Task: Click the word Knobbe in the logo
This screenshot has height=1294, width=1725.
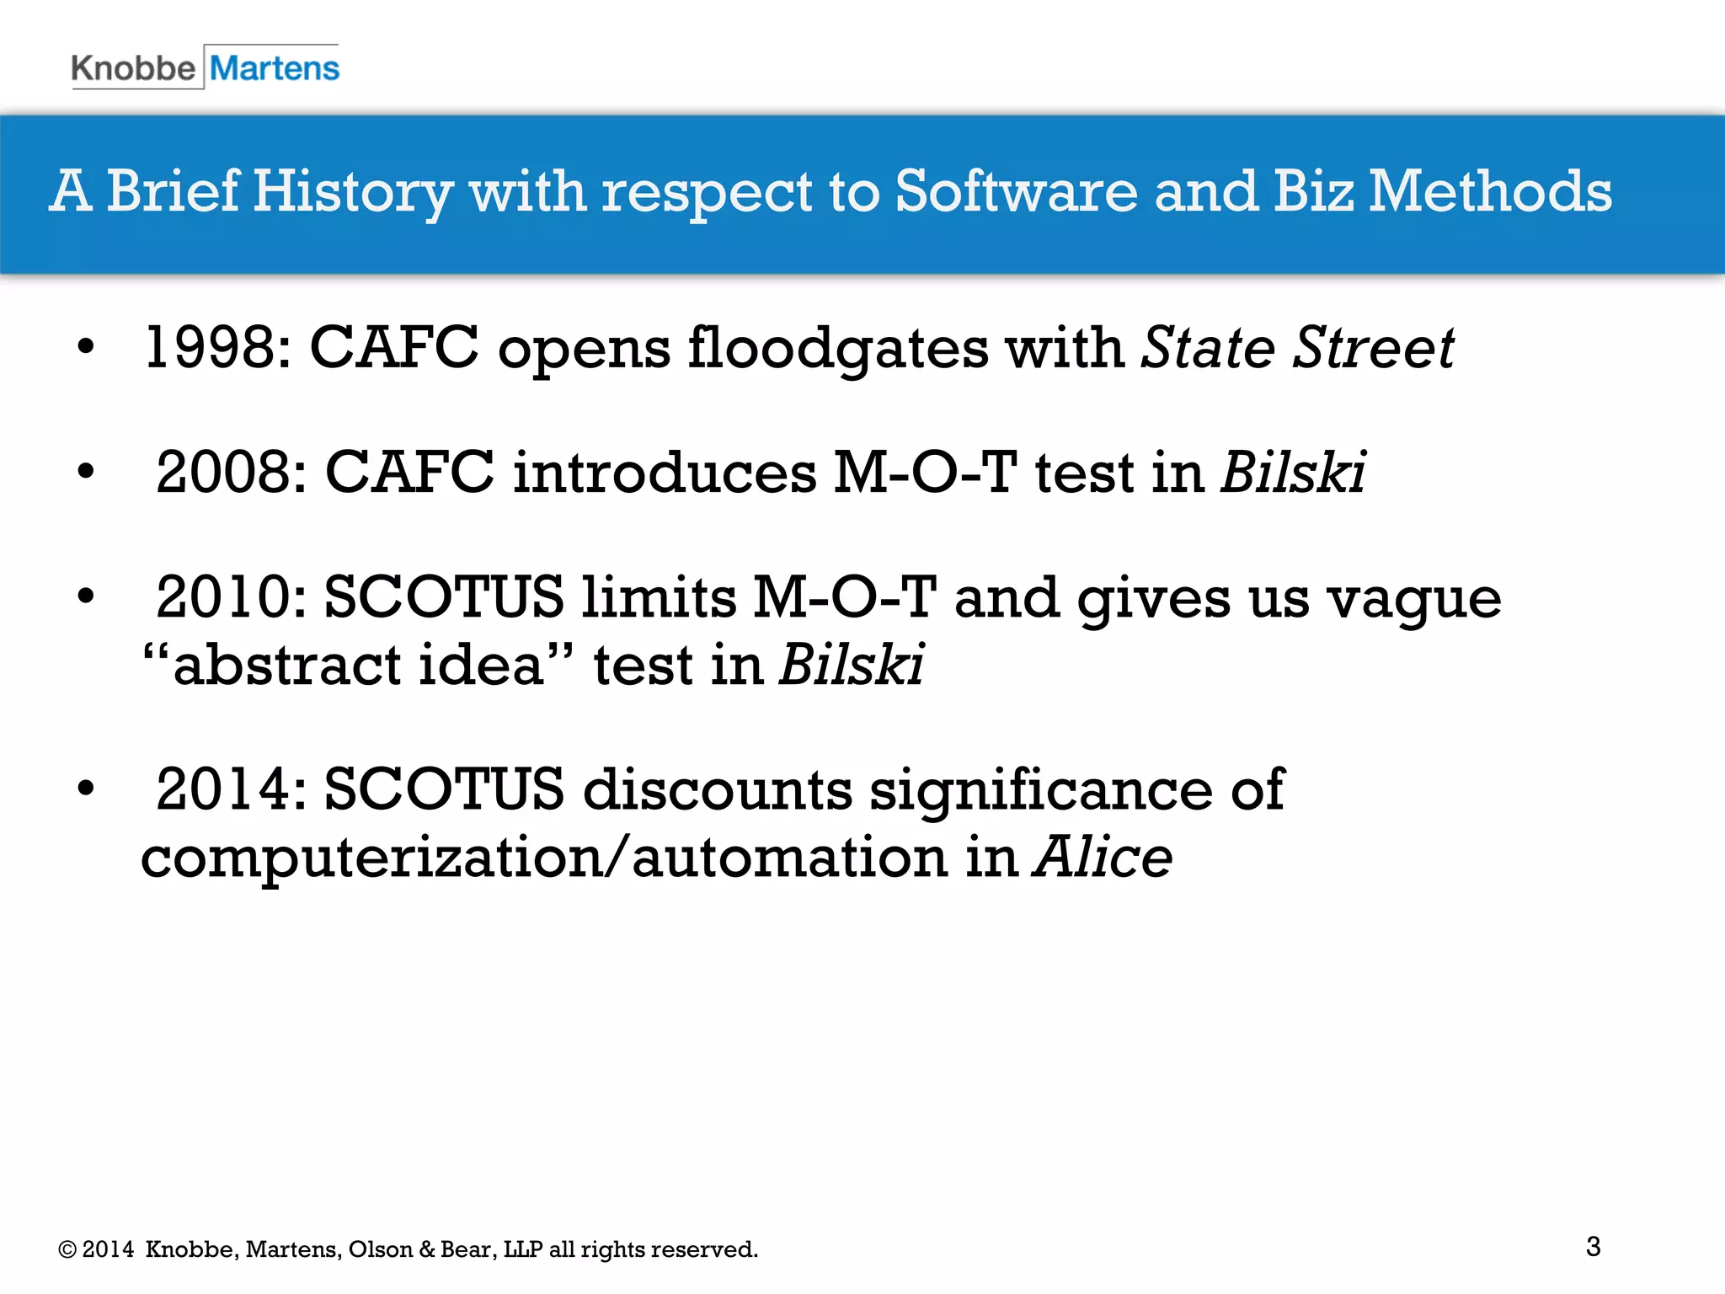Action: point(133,68)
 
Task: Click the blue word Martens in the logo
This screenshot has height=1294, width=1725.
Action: point(275,68)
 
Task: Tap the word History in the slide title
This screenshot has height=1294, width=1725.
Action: point(352,192)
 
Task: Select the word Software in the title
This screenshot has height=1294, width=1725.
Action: point(1016,190)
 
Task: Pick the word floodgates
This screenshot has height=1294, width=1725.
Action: point(838,348)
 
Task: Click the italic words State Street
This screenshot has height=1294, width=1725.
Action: point(1297,348)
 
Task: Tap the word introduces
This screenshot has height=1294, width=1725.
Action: point(665,473)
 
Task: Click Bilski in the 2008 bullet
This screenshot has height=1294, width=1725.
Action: point(1293,473)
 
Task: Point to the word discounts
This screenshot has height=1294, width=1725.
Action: point(717,789)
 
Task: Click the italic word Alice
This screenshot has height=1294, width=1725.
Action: point(1103,858)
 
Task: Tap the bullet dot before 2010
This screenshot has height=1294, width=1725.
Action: point(86,596)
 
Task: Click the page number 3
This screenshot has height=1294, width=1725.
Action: point(1593,1246)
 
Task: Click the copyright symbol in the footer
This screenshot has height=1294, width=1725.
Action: point(67,1250)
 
